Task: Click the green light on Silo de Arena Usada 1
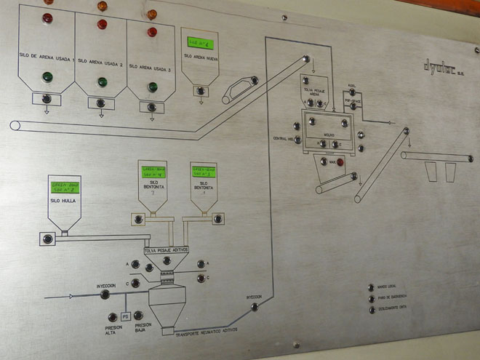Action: [48, 76]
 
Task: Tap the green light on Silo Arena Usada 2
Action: [103, 81]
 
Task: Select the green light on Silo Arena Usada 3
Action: [153, 87]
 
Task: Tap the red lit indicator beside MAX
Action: [340, 162]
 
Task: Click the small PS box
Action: [125, 316]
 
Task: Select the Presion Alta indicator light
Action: [112, 317]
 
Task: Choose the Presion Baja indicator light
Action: [138, 315]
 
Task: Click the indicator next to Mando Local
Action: [371, 288]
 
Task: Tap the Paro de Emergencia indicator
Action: [371, 299]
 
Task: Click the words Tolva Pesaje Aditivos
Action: [167, 249]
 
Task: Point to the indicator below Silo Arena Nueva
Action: [200, 91]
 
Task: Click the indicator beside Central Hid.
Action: [297, 126]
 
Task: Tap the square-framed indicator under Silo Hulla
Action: [48, 239]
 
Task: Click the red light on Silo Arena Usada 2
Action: [103, 24]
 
